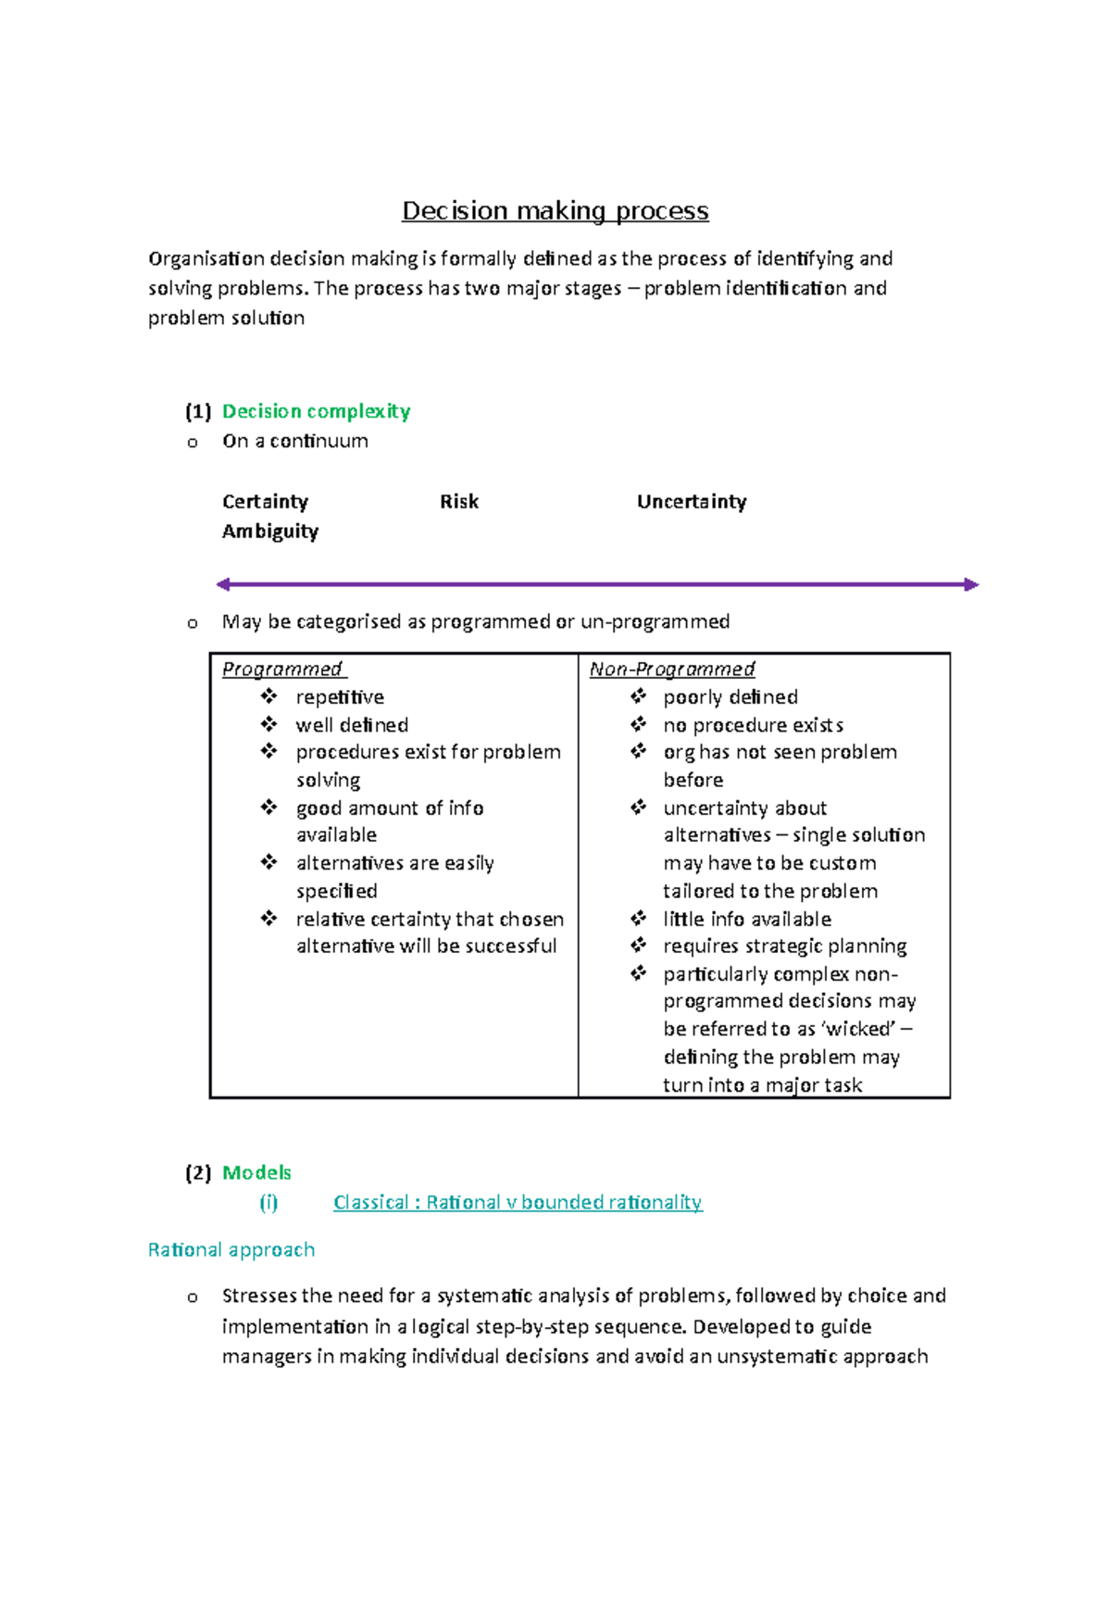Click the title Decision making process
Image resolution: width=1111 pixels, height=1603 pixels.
pyautogui.click(x=555, y=211)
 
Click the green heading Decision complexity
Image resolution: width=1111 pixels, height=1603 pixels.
pyautogui.click(x=316, y=411)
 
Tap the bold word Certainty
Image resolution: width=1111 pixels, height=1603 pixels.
pyautogui.click(x=265, y=502)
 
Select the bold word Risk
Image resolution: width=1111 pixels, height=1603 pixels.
pyautogui.click(x=459, y=502)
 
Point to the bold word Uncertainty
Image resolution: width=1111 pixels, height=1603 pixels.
pyautogui.click(x=691, y=502)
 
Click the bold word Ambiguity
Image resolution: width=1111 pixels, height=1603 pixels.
pyautogui.click(x=269, y=532)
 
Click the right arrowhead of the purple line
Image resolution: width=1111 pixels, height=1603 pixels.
pyautogui.click(x=971, y=584)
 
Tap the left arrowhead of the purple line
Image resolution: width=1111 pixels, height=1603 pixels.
pyautogui.click(x=223, y=584)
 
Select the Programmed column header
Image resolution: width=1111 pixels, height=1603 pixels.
pyautogui.click(x=282, y=670)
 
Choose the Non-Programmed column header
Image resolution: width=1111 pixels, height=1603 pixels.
pyautogui.click(x=672, y=670)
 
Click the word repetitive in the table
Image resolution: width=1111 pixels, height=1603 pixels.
pyautogui.click(x=340, y=697)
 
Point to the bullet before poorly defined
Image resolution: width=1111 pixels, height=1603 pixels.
pyautogui.click(x=638, y=696)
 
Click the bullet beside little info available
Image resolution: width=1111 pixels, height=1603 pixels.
pyautogui.click(x=638, y=919)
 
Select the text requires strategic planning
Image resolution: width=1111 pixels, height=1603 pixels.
pyautogui.click(x=784, y=946)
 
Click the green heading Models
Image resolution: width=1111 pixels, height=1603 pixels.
pyautogui.click(x=256, y=1172)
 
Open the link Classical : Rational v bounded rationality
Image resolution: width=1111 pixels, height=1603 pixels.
pyautogui.click(x=518, y=1202)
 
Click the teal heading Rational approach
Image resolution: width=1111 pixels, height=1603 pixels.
pyautogui.click(x=231, y=1250)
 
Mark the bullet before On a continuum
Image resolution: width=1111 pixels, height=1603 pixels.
pyautogui.click(x=193, y=443)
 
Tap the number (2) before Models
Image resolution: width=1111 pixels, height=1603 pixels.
pyautogui.click(x=198, y=1172)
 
